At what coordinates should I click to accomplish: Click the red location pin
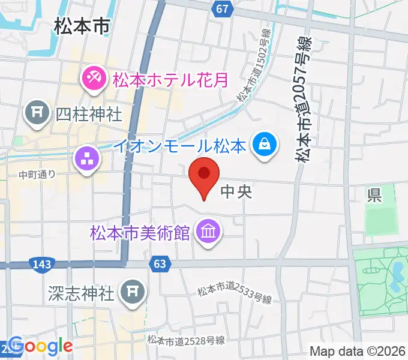(204, 175)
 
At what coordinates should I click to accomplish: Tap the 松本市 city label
(81, 26)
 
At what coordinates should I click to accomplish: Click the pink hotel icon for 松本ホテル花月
(94, 77)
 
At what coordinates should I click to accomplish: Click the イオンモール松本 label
(180, 145)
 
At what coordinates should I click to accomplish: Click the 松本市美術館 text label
(140, 232)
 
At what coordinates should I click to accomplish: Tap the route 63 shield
(160, 263)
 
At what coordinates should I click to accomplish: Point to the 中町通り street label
(37, 175)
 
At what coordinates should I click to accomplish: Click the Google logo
(40, 346)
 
